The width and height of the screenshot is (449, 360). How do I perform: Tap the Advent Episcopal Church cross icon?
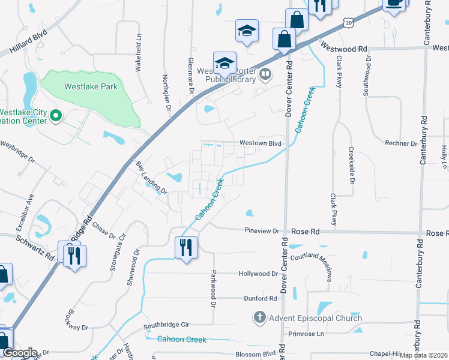(259, 317)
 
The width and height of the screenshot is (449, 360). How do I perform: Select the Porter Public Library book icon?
(265, 75)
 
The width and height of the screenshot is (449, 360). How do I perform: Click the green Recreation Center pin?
(55, 115)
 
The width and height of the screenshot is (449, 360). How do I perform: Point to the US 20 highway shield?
(349, 23)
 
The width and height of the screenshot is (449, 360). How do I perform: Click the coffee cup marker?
(394, 3)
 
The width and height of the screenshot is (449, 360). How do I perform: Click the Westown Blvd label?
(260, 143)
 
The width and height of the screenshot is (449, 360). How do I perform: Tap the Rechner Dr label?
(401, 143)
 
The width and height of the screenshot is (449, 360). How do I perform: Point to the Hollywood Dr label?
(258, 274)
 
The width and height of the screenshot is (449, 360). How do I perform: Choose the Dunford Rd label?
(260, 298)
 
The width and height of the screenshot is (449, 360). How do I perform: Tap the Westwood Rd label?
(343, 47)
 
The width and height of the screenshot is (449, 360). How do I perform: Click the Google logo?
(19, 353)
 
